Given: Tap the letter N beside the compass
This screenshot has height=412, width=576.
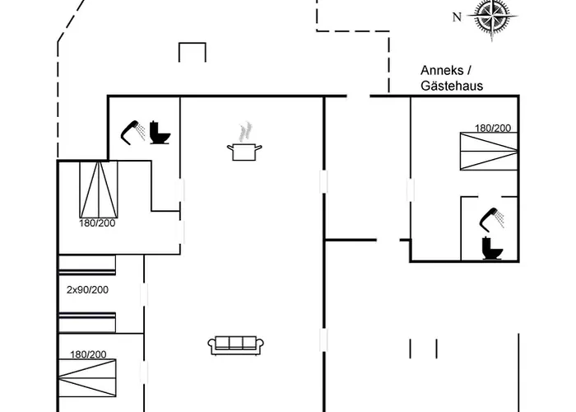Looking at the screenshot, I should click(457, 16).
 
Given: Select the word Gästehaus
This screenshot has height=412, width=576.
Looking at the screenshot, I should click(451, 85).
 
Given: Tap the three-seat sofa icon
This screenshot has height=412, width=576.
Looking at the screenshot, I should click(235, 345).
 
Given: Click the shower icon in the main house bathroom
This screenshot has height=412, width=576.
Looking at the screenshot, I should click(132, 131).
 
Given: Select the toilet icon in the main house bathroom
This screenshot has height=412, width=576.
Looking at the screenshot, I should click(160, 133).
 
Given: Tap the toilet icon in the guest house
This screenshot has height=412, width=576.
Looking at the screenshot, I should click(492, 246).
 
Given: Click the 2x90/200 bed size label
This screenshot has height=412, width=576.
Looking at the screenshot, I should click(87, 290).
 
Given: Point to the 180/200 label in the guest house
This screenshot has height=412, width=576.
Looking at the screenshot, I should click(492, 128).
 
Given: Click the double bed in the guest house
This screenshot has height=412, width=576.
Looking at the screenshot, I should click(489, 153).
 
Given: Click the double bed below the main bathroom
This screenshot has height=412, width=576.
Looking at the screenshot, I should click(98, 188).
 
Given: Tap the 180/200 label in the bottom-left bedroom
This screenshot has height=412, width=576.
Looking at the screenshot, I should click(87, 354).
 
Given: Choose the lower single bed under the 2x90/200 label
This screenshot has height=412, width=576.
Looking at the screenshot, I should click(86, 323).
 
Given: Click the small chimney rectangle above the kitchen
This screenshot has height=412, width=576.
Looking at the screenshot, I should click(191, 52).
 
